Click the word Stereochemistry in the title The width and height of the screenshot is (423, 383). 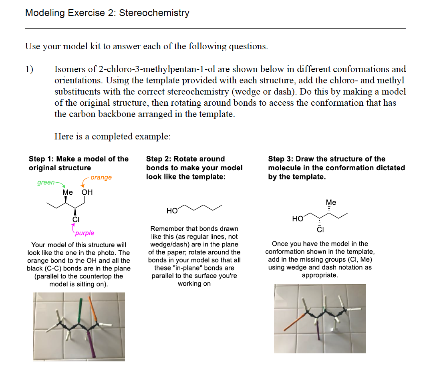pyautogui.click(x=154, y=13)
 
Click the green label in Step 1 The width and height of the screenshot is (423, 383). pyautogui.click(x=46, y=183)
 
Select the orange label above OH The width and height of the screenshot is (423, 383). pyautogui.click(x=101, y=177)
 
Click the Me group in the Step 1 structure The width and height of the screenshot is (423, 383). pyautogui.click(x=68, y=192)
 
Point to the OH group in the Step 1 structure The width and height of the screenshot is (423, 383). pyautogui.click(x=87, y=192)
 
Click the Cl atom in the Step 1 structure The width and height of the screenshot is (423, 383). pyautogui.click(x=76, y=219)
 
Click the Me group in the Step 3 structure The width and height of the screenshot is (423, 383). pyautogui.click(x=331, y=202)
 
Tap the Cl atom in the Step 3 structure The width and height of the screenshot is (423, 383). pyautogui.click(x=320, y=230)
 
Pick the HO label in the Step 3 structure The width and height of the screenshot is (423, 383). pyautogui.click(x=298, y=219)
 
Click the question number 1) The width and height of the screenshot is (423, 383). pyautogui.click(x=30, y=69)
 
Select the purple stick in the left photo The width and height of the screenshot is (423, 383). pyautogui.click(x=90, y=343)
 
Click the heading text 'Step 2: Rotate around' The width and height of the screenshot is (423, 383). pyautogui.click(x=185, y=159)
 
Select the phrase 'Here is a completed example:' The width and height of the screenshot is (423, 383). pyautogui.click(x=113, y=136)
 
